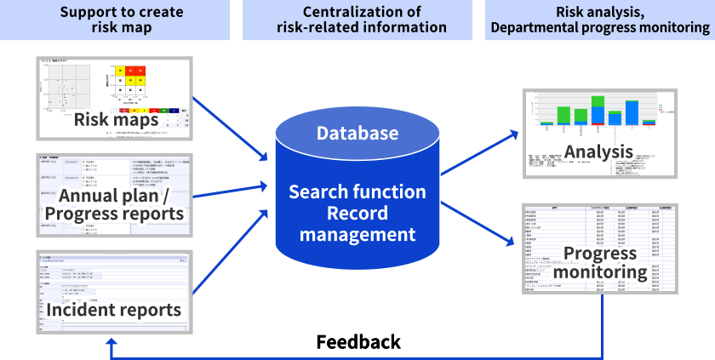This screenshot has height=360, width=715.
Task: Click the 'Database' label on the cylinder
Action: click(x=357, y=133)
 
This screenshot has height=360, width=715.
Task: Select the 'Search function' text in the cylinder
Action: click(x=357, y=191)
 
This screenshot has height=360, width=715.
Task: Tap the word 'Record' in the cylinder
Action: click(x=357, y=212)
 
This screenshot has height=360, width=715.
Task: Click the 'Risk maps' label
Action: click(x=117, y=118)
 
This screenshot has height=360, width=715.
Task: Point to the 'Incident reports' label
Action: click(x=114, y=309)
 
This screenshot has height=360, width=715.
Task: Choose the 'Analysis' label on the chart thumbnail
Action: click(x=598, y=151)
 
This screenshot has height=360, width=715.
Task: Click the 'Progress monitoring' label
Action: click(x=598, y=263)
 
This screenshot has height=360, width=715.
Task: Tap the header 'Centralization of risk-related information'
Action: click(x=361, y=20)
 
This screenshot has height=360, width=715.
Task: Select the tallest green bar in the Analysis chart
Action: click(x=563, y=116)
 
